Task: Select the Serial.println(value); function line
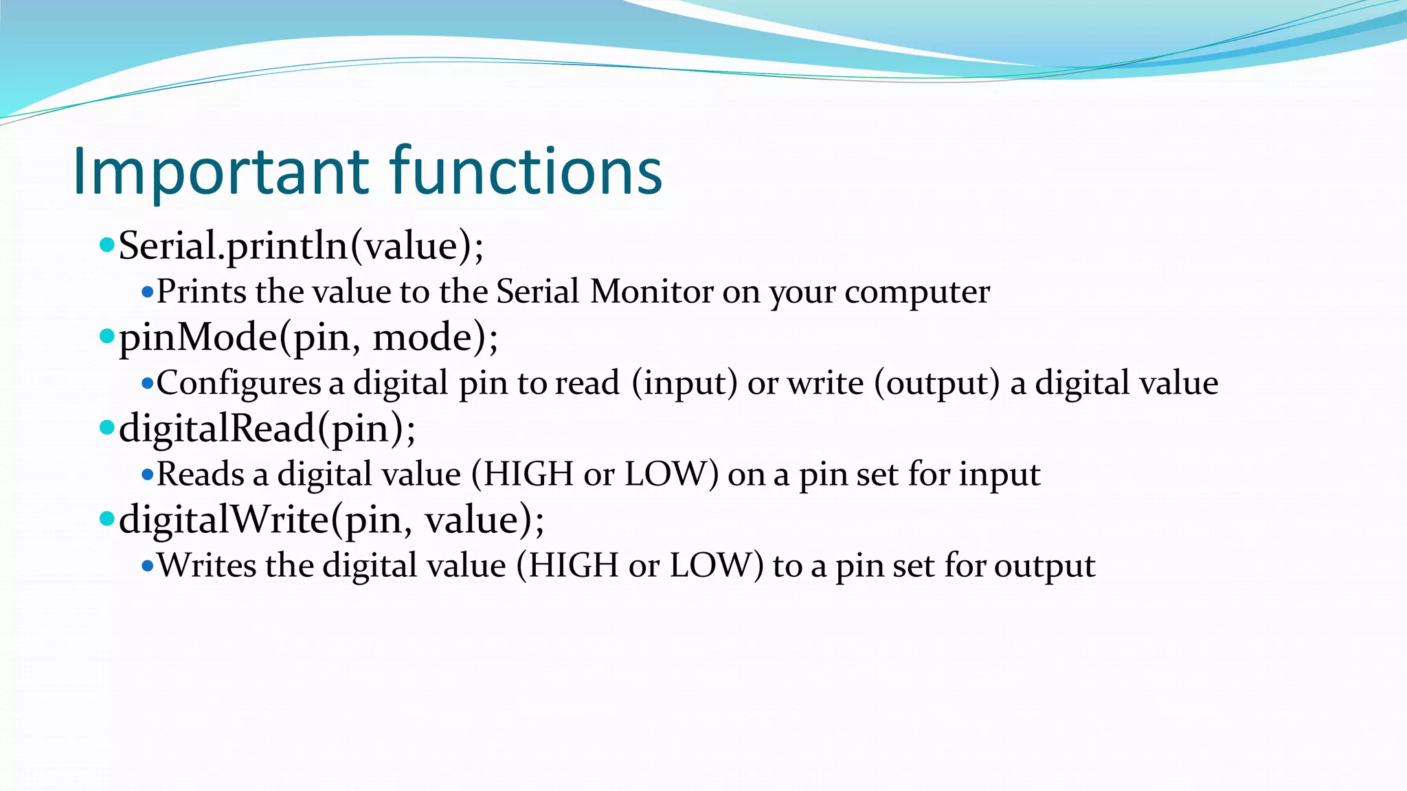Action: pos(301,246)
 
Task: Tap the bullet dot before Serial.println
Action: pos(106,244)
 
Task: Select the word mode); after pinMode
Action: pos(435,338)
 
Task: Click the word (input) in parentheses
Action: pos(684,383)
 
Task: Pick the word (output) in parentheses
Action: pos(936,383)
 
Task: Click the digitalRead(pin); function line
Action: pos(267,429)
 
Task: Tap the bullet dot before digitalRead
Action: pos(106,428)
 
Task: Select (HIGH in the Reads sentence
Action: pos(522,474)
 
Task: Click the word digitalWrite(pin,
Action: pos(265,520)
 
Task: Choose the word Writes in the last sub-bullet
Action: pos(207,566)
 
